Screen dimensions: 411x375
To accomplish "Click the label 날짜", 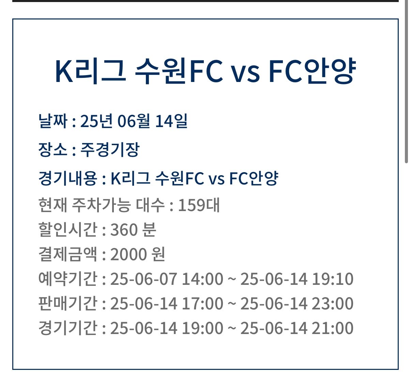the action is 53,121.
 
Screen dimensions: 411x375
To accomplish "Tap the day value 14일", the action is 171,121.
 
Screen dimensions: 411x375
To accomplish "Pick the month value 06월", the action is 134,121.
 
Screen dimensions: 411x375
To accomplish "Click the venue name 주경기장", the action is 110,150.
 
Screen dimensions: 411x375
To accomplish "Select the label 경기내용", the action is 67,178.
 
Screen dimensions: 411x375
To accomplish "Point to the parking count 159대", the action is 199,205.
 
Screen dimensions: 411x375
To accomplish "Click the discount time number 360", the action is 124,230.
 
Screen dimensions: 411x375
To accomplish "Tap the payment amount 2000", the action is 129,254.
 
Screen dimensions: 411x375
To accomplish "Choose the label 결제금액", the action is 67,254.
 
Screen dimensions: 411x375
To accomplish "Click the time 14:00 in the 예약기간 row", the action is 202,279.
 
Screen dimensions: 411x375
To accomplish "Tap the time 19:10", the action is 333,279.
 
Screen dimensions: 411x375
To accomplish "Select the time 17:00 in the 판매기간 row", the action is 202,304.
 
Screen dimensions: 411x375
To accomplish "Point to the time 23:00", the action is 333,304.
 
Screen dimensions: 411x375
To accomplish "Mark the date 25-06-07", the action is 143,279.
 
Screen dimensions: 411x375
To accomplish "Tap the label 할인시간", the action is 67,230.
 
